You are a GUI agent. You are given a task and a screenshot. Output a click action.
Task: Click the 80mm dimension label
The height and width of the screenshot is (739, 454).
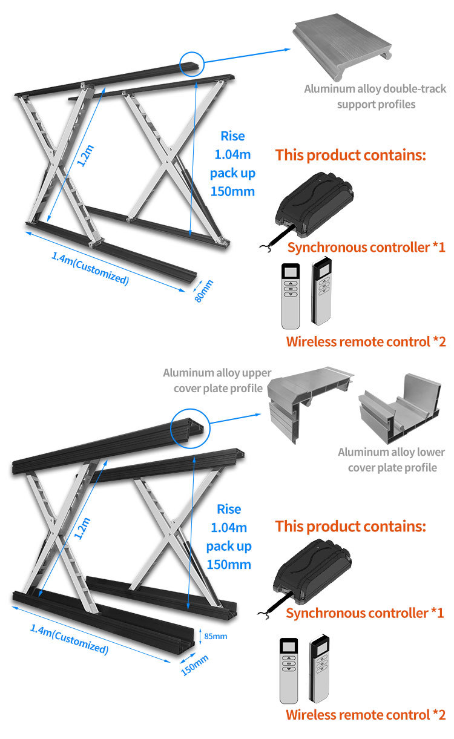[203, 291]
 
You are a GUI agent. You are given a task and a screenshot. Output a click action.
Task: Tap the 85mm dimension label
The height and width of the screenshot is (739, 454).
[215, 636]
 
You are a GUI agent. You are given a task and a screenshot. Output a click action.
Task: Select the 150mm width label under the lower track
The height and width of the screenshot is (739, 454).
[195, 665]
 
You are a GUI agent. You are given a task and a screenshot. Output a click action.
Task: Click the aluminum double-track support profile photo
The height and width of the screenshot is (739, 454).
[342, 47]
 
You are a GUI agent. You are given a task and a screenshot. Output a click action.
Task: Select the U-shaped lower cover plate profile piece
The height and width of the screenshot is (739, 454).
[400, 409]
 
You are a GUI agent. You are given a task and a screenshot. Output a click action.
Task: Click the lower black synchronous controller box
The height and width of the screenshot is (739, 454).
[312, 571]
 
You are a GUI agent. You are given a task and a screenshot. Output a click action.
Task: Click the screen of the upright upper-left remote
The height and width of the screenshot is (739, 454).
[291, 272]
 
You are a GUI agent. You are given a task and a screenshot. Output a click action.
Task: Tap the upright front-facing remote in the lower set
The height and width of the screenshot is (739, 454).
[289, 671]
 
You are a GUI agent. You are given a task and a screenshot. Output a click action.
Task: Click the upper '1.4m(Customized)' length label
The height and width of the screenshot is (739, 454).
[90, 268]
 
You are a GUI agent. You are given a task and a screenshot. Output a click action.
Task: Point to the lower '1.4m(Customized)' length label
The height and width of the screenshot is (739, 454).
[69, 639]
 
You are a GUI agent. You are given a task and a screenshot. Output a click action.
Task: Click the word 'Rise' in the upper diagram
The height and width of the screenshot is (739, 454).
[232, 136]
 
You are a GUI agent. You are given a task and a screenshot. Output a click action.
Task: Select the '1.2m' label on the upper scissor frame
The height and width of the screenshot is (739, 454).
[85, 156]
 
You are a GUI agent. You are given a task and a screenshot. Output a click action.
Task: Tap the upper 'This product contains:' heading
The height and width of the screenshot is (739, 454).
[350, 155]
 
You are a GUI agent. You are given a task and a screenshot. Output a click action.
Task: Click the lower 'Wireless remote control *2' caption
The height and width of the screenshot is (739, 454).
[366, 715]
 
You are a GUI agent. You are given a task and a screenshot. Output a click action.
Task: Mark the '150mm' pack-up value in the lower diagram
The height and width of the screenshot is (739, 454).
[229, 565]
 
